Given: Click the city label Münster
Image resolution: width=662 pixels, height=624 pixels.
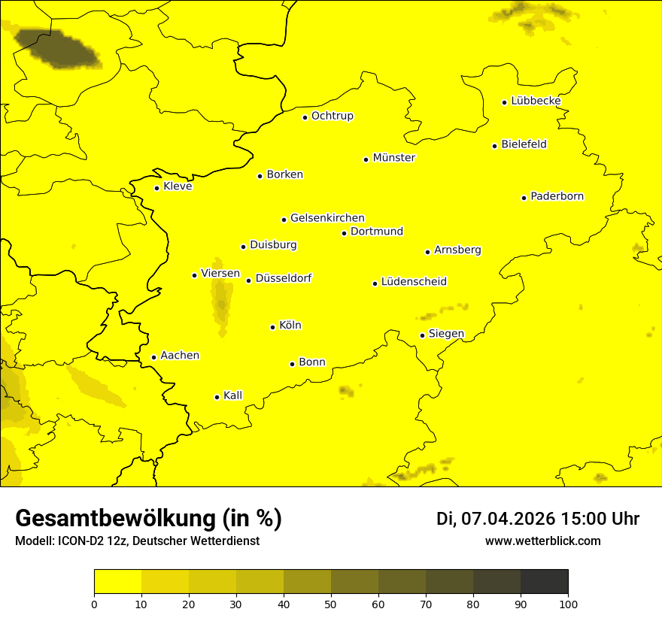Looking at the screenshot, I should point(393,158).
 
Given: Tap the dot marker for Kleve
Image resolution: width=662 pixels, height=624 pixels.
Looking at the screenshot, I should point(156,188).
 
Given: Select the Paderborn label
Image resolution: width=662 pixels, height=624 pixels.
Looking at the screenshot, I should point(557,196).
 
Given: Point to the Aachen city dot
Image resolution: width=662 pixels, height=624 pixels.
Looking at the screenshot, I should point(153,357).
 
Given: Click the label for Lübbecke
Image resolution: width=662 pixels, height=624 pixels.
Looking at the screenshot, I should point(536,101).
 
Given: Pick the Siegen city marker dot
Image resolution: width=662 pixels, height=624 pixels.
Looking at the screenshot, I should point(422,335).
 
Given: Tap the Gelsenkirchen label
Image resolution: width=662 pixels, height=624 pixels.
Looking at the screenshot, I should point(327,218).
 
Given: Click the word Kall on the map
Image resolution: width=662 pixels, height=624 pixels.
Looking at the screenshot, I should point(232,395).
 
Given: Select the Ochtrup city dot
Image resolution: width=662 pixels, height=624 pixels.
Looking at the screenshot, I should point(305,117).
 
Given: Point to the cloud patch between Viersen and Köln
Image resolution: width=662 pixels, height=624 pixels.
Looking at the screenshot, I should point(220,304).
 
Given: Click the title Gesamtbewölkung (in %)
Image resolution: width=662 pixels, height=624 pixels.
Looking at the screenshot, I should point(148,518).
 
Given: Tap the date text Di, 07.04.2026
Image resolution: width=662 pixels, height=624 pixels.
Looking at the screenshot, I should point(493,519).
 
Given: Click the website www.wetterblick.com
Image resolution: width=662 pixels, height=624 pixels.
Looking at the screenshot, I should point(542,541).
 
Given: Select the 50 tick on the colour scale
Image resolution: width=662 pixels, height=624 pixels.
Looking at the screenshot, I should point(331,604).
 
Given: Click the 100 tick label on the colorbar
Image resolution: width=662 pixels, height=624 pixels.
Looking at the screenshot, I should point(568,604).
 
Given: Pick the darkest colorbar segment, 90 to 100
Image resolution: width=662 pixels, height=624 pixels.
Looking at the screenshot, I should point(544,581).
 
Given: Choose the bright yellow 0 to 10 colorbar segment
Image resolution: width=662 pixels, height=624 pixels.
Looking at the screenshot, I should point(117,581).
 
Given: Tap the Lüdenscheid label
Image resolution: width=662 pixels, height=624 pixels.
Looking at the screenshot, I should point(414,282).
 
